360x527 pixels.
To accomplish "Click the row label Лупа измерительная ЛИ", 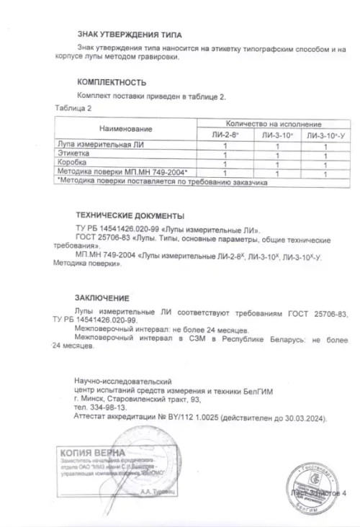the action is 93,145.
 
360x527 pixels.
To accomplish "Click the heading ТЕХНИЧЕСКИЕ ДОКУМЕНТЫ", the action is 130,215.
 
